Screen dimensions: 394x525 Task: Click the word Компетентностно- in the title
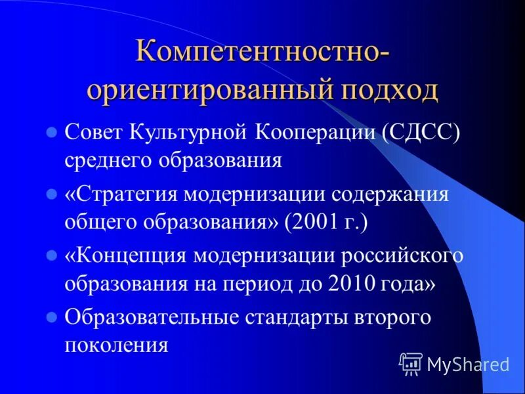262,53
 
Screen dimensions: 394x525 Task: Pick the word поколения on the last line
117,344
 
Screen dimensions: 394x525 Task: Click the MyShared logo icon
411,363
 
